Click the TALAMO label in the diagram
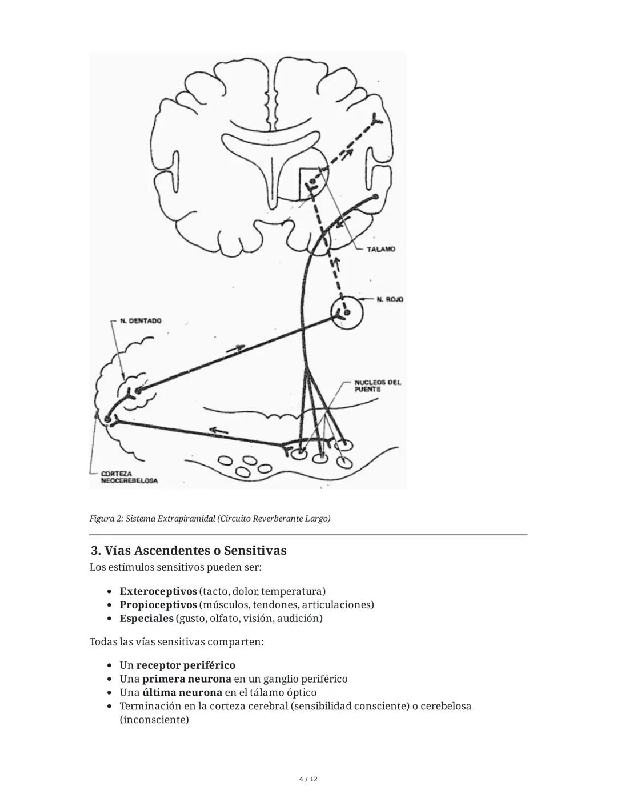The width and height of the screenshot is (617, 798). (x=380, y=250)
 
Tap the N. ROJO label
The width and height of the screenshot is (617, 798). (x=390, y=299)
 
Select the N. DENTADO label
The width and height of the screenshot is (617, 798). (x=141, y=321)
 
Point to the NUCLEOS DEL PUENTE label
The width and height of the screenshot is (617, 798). (x=378, y=386)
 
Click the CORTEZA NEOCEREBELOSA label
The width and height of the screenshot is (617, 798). (x=129, y=478)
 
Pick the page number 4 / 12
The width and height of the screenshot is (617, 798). (x=308, y=779)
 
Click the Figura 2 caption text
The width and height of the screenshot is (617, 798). (x=210, y=519)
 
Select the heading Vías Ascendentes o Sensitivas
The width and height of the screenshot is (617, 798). (x=189, y=551)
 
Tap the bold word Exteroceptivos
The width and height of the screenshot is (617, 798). (x=158, y=591)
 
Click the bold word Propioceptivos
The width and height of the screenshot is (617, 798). (x=158, y=604)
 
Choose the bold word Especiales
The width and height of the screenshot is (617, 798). (x=146, y=618)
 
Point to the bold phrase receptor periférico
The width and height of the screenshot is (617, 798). (x=186, y=665)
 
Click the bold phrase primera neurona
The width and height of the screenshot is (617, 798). (x=187, y=679)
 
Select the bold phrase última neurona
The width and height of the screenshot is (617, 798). (x=182, y=692)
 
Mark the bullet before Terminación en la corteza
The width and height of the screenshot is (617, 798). (x=110, y=707)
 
